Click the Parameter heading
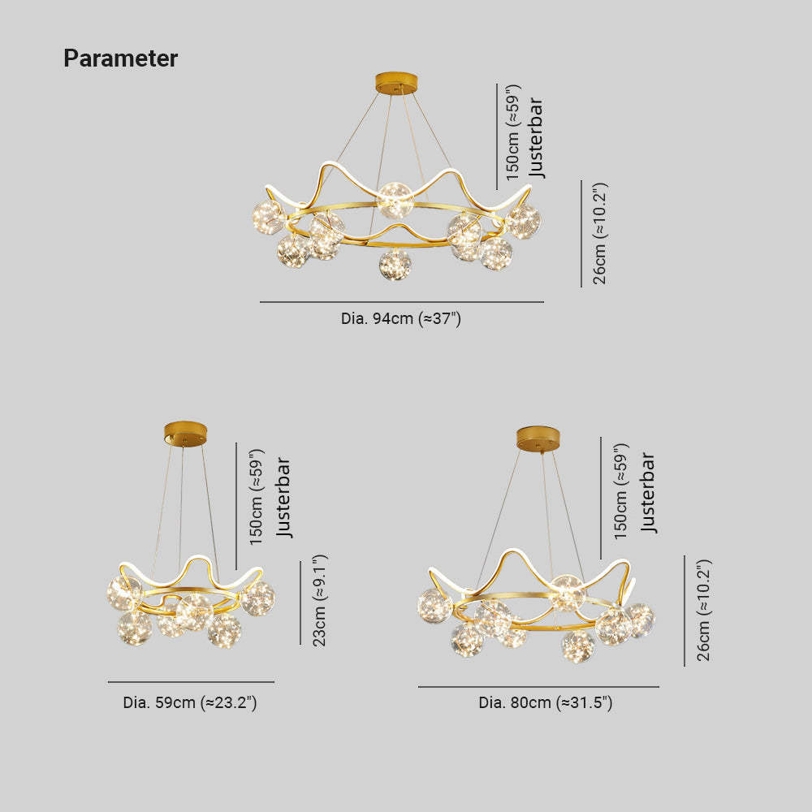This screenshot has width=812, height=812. point(121,58)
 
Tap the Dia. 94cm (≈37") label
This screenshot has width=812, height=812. point(401,318)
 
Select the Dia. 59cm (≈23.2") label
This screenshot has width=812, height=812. point(190,702)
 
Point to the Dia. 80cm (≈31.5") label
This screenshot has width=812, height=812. point(546,702)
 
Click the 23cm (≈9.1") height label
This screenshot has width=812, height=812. point(319,600)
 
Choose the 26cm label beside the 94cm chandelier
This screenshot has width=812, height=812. point(599,233)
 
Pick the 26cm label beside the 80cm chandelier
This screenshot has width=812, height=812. point(703,610)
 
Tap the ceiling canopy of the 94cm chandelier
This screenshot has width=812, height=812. point(397,84)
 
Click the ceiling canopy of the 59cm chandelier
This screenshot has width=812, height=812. point(185,433)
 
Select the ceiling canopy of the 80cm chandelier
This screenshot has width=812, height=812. point(538,438)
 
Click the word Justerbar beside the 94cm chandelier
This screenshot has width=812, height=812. point(536,138)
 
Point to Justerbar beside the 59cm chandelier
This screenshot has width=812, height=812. point(283,497)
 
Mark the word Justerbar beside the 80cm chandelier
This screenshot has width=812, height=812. point(648,492)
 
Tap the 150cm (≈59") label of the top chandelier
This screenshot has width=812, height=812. point(512,132)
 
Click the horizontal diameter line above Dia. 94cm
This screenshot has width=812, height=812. point(402,302)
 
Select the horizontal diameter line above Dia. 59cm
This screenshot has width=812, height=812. point(191,682)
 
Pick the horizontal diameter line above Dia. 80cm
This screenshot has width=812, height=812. point(538,687)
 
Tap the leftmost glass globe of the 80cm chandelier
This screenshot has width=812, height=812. point(434,606)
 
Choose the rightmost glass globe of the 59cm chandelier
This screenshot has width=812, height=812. point(258,598)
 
